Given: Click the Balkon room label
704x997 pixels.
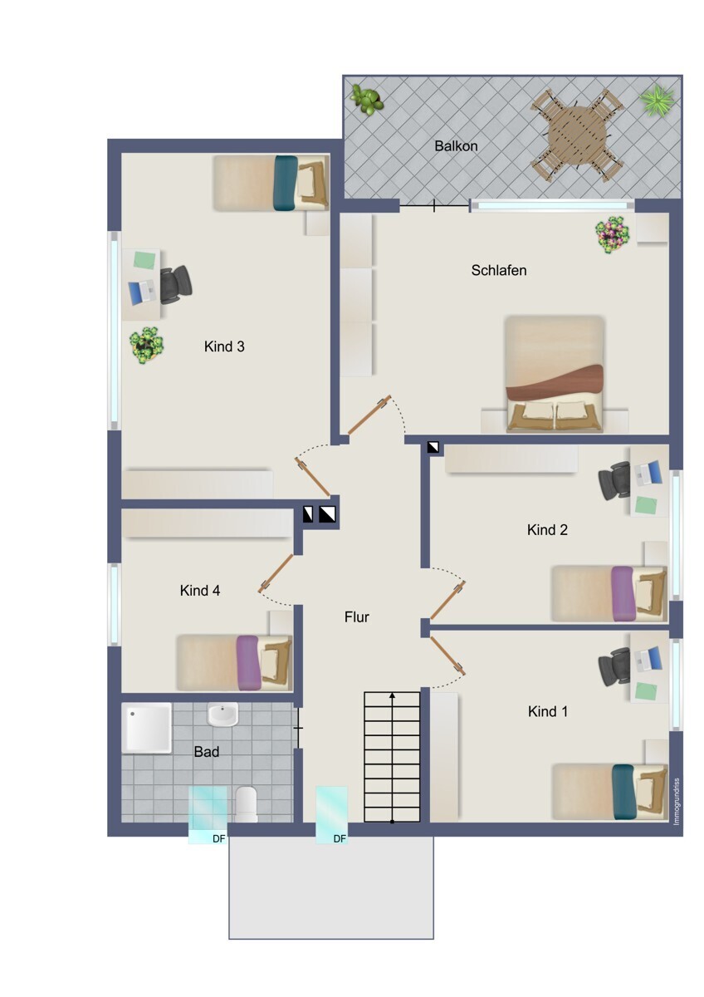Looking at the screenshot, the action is tap(456, 146).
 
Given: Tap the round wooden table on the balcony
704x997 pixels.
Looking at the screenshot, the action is tap(576, 135).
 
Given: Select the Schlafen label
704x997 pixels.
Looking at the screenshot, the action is tap(499, 270).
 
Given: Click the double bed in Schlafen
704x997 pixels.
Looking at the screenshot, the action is tap(555, 374).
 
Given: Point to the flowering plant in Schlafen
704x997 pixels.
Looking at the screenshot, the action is tap(613, 234).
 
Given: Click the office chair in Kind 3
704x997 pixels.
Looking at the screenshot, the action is tap(175, 285).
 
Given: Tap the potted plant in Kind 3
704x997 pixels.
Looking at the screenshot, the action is tap(146, 346).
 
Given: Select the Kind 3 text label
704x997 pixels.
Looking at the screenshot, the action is tap(224, 346).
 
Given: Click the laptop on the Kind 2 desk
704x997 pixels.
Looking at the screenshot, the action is tap(648, 473).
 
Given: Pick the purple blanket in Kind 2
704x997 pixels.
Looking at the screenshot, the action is tap(622, 593).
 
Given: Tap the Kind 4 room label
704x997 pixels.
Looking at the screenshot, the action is tap(200, 590).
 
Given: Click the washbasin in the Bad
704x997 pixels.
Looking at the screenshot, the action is tap(222, 715).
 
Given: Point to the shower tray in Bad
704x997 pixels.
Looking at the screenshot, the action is tap(146, 728).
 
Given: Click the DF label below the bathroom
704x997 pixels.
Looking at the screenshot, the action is tap(219, 839).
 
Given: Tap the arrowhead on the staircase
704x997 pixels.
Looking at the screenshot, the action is tap(392, 695).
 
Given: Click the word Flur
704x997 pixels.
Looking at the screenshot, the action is tap(357, 616).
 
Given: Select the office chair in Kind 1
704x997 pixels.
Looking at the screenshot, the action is tap(614, 666).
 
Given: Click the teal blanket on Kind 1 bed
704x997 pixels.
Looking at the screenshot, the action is tap(623, 792).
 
